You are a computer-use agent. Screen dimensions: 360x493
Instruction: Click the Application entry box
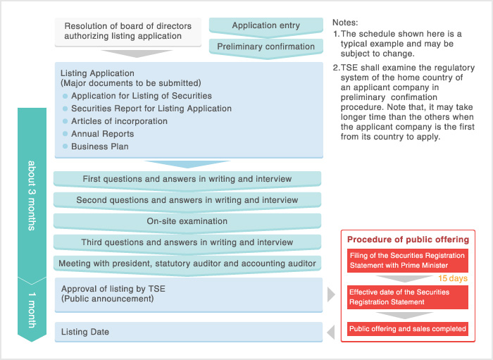click(x=266, y=26)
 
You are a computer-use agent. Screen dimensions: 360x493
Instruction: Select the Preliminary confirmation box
click(x=266, y=46)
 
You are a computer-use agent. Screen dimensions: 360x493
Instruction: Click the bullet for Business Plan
click(x=65, y=147)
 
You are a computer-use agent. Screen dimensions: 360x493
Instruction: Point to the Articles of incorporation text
click(x=119, y=121)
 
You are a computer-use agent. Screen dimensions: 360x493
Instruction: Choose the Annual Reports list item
click(x=102, y=134)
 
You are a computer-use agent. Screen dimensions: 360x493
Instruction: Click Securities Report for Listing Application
click(x=151, y=108)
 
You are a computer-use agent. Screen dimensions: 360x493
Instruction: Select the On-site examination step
click(x=187, y=221)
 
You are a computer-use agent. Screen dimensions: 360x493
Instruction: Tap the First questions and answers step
click(x=187, y=179)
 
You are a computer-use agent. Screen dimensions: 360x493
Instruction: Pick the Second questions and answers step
click(x=187, y=200)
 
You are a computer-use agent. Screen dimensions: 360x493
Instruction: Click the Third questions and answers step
click(x=187, y=242)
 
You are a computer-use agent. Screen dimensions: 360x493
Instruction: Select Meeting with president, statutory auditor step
click(x=187, y=263)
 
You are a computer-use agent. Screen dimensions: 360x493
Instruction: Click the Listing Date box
click(x=188, y=332)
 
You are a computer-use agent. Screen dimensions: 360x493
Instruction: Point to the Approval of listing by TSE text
click(x=113, y=289)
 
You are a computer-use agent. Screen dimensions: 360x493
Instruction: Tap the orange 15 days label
click(x=453, y=279)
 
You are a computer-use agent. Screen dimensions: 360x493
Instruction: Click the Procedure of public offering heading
click(x=408, y=240)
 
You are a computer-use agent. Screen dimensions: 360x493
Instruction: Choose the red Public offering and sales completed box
click(x=407, y=328)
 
